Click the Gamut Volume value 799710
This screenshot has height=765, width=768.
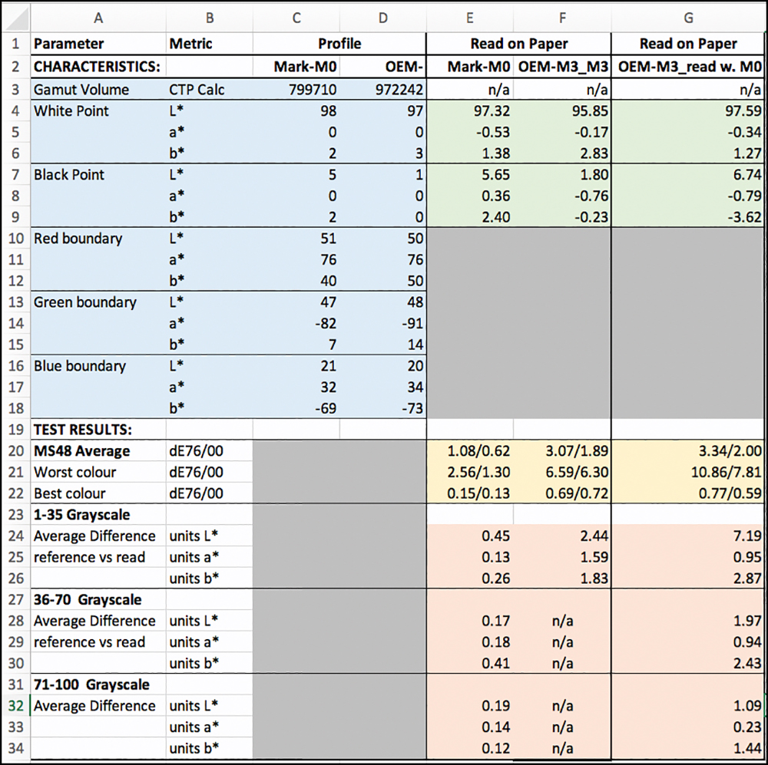[313, 90]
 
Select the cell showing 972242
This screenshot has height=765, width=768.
[399, 90]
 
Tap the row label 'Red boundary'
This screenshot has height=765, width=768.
[78, 239]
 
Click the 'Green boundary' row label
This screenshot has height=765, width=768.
[84, 302]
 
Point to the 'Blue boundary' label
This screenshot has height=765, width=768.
[80, 366]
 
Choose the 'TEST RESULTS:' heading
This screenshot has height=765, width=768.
[83, 430]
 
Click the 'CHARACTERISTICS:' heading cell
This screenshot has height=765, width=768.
[97, 67]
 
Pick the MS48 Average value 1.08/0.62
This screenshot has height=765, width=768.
[478, 450]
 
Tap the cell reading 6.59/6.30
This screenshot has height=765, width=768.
[577, 473]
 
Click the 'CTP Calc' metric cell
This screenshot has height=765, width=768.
[197, 90]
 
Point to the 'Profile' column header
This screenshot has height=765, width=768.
[339, 44]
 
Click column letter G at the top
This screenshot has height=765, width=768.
[688, 18]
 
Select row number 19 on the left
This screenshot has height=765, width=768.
[15, 430]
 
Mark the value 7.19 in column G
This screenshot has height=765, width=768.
[747, 536]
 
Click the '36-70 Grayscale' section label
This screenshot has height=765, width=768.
[88, 599]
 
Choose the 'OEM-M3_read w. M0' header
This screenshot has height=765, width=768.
[690, 67]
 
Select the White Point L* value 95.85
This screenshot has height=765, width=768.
[590, 111]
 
